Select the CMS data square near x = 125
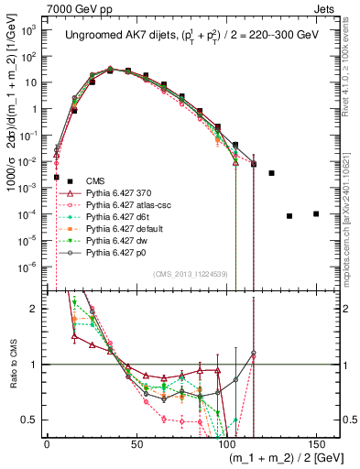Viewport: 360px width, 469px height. [x=271, y=173]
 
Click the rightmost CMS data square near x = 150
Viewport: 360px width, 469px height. [x=316, y=214]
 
